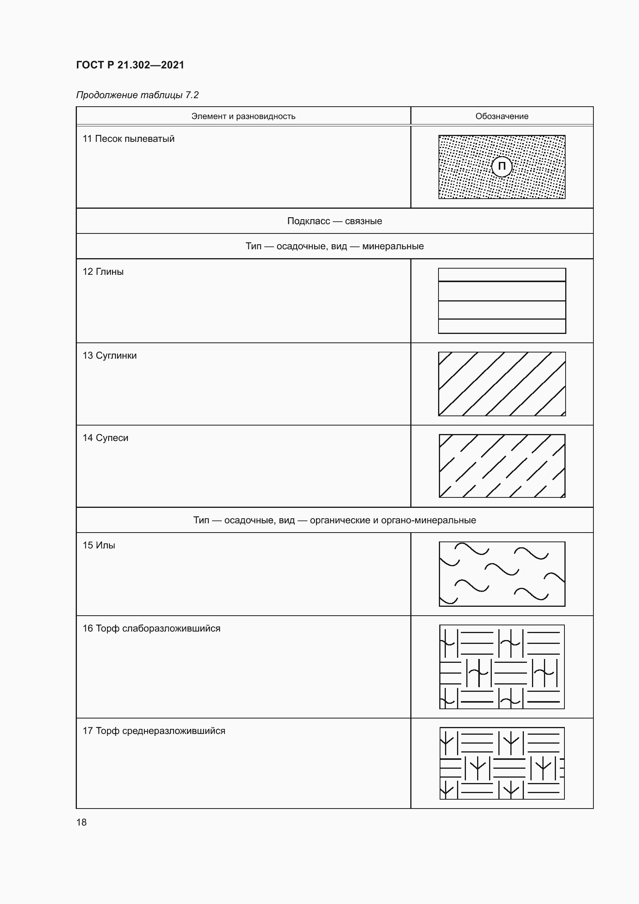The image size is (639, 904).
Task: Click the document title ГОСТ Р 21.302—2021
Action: (x=130, y=65)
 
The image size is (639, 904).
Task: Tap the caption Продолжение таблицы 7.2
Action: (x=137, y=95)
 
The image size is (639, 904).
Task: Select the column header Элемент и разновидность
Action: (x=243, y=116)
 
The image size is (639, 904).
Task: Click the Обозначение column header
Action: (x=502, y=116)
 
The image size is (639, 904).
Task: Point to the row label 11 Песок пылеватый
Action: (x=128, y=139)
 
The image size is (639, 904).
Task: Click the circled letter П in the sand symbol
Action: (x=502, y=167)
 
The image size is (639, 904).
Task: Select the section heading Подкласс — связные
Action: (x=335, y=221)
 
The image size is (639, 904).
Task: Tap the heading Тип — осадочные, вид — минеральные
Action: (x=335, y=246)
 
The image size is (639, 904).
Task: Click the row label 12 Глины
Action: (x=103, y=272)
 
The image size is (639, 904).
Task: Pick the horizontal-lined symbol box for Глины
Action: (x=502, y=301)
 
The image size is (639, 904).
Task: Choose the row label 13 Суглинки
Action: (x=110, y=356)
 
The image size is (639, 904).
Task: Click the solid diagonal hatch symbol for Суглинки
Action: (x=502, y=384)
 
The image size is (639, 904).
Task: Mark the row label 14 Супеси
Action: (x=105, y=438)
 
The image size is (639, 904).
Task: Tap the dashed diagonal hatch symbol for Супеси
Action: (x=502, y=466)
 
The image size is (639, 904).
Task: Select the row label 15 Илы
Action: (x=99, y=545)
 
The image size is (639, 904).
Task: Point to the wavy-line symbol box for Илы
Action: (x=502, y=574)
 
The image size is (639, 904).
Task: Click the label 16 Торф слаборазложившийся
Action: (x=151, y=628)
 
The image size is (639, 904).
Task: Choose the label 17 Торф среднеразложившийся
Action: (x=154, y=731)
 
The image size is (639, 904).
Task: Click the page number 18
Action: (x=82, y=822)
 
